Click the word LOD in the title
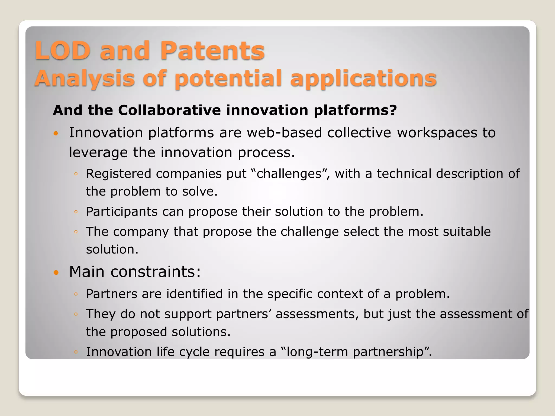click(x=63, y=51)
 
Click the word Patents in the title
click(x=212, y=51)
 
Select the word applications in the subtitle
click(x=363, y=79)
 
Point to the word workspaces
click(x=437, y=133)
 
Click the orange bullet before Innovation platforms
click(x=56, y=133)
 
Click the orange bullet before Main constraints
click(x=56, y=272)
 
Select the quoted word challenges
click(x=289, y=174)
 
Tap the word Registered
click(x=118, y=174)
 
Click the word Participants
click(x=122, y=212)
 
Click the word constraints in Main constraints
click(x=156, y=272)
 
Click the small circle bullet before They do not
click(x=76, y=314)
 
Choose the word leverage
click(x=98, y=152)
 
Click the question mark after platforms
click(x=393, y=110)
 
